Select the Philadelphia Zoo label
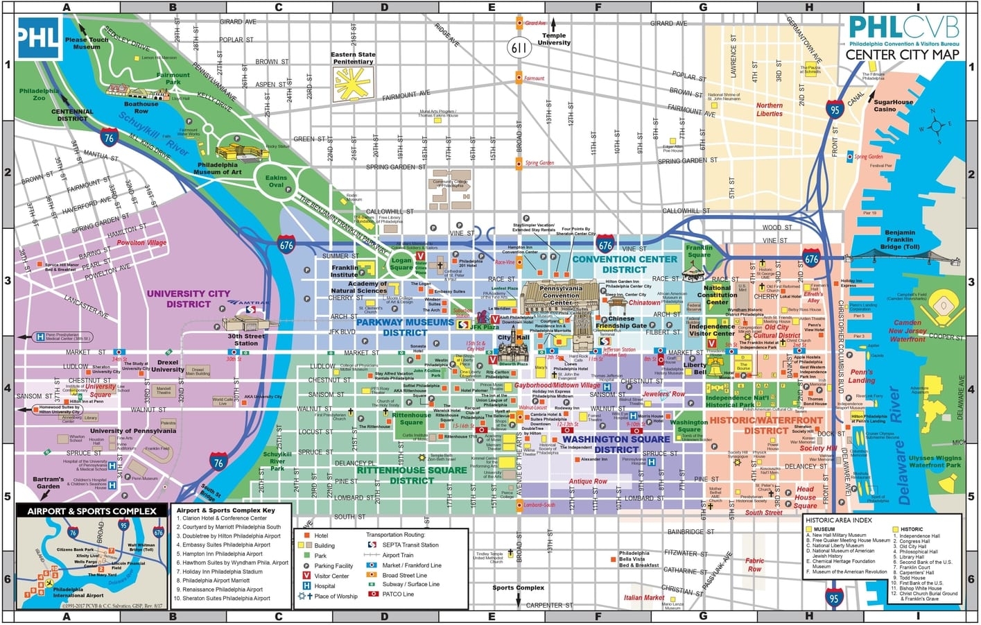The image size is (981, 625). [39, 94]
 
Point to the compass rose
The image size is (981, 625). [937, 126]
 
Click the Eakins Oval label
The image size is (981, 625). [276, 182]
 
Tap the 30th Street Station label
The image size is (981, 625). [246, 340]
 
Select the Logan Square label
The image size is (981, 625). [401, 264]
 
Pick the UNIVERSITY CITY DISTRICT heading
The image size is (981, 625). [188, 298]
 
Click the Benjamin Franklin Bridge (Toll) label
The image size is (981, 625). [899, 240]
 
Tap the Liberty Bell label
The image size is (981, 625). [695, 368]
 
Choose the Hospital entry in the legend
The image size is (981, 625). [325, 585]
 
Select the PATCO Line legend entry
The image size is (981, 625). [398, 594]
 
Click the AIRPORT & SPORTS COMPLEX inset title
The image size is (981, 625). [92, 511]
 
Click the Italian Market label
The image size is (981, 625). [643, 597]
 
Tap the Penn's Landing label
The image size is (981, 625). [862, 376]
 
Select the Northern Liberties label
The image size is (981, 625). [769, 110]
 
